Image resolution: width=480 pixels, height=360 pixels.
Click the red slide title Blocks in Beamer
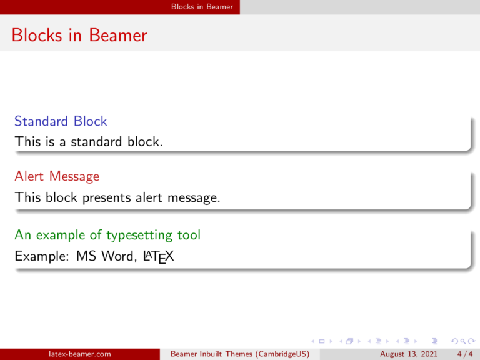pos(79,35)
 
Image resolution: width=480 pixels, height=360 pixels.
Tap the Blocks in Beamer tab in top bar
pos(203,7)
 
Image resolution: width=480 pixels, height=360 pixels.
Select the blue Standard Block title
pos(61,121)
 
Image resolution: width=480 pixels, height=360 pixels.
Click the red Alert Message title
pos(57,176)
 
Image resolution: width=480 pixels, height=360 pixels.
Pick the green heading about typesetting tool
pos(107,235)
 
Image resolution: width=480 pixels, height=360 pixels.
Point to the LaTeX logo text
pos(158,256)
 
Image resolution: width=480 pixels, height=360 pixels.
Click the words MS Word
pos(105,256)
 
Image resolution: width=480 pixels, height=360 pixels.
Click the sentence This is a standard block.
pos(89,142)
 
